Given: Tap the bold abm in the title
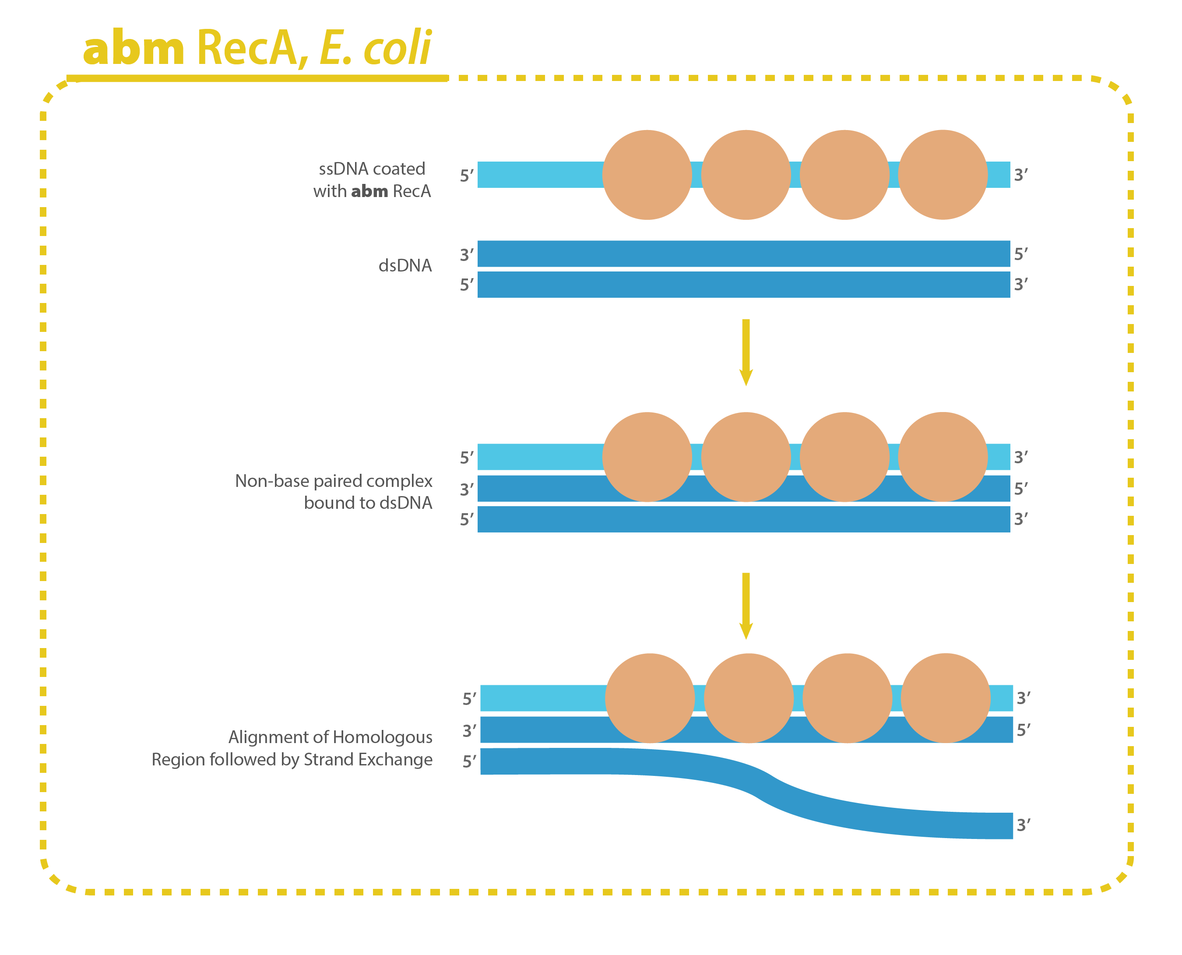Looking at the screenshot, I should pos(134,49).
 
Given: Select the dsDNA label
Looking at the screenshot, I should pos(405,266).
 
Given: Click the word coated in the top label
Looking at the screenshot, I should pos(399,169).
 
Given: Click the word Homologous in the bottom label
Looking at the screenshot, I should pos(382,737).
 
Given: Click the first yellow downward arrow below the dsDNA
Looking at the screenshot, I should pos(746,352).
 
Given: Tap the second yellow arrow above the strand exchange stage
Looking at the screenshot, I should pos(746,606).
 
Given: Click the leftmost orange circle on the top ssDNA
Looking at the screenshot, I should pos(647,175).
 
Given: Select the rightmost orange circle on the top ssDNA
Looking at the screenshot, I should pos(943,175).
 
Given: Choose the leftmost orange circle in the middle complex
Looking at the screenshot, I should pos(647,457).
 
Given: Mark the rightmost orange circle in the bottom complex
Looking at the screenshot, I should pos(946,698).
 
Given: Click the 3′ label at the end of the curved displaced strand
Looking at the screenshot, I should pos(1023,825).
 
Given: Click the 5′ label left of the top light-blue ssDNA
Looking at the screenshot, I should pos(466,176).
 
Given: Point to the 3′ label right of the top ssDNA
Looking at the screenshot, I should pos(1021,175).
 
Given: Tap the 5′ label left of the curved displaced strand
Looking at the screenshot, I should pos(468,761).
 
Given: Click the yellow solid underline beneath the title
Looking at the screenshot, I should pos(257,79).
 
